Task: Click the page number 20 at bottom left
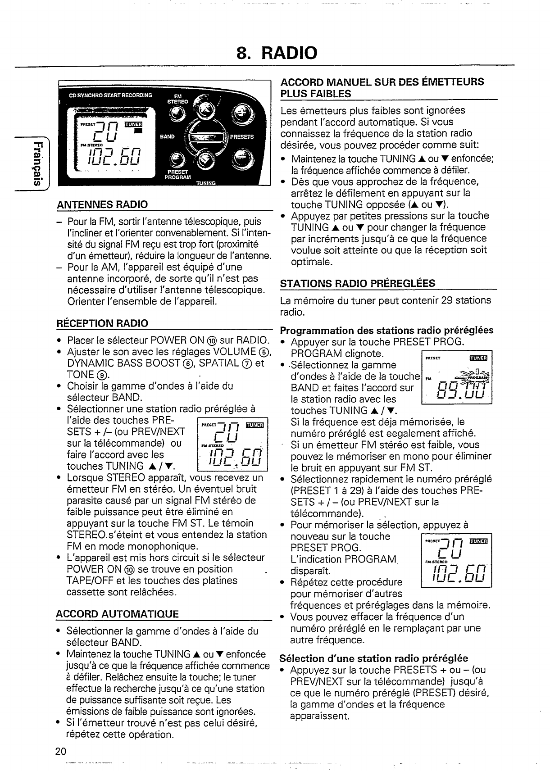(x=61, y=751)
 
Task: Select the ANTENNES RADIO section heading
(x=102, y=204)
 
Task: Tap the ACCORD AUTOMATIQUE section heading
(x=117, y=614)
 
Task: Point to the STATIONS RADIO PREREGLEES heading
(x=358, y=283)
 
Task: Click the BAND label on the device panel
(x=168, y=136)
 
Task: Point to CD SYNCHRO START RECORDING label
(x=110, y=95)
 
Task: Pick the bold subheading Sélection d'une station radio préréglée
(x=374, y=658)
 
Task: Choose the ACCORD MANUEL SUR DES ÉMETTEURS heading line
(x=382, y=82)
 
